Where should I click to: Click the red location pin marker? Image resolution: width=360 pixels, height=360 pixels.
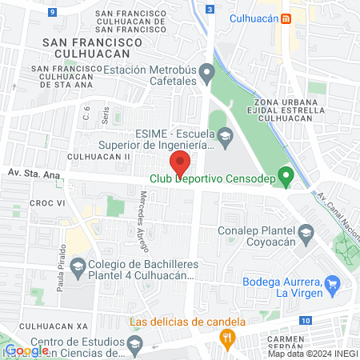(181, 162)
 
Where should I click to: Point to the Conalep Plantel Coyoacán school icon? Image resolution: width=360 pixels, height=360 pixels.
(305, 234)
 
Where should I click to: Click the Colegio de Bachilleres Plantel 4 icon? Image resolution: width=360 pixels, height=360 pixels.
(78, 266)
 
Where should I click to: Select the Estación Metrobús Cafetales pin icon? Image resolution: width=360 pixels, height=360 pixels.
(207, 75)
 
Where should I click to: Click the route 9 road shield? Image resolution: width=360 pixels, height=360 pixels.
(52, 12)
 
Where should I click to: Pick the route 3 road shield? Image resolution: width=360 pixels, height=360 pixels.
(209, 9)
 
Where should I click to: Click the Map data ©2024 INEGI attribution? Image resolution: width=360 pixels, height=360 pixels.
(312, 354)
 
